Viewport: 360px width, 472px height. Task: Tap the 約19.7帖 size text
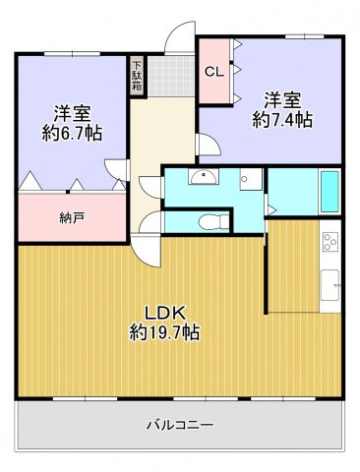164,333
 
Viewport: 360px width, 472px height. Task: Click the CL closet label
213,71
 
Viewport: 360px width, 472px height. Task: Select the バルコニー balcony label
180,425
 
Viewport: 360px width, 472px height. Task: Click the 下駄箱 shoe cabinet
137,78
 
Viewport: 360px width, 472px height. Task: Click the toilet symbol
205,220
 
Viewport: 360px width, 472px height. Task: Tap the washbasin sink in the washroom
205,178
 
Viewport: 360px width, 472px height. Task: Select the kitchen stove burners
330,240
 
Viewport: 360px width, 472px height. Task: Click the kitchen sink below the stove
330,285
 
